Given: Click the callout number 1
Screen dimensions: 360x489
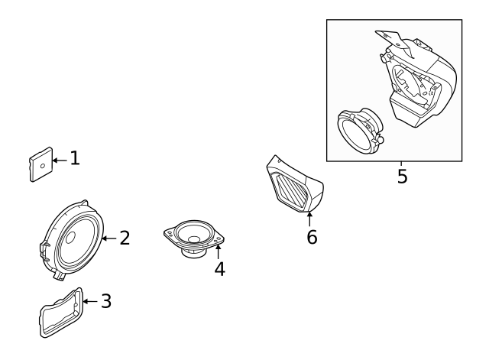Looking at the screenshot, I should click(75, 158).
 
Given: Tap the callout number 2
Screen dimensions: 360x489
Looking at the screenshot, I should click(124, 238).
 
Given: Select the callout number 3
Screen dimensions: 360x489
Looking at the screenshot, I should click(106, 301).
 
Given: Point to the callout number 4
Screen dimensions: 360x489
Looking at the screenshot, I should click(219, 269).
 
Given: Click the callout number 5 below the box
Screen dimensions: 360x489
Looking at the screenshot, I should click(402, 177).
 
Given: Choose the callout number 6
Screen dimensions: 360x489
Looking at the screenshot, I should click(312, 237).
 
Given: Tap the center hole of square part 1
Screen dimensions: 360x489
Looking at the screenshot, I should click(43, 164).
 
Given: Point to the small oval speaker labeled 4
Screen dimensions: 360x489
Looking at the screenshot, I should click(194, 237).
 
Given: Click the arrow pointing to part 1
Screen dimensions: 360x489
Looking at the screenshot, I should click(60, 159).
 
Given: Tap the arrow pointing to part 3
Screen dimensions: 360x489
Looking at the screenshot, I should click(90, 301).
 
